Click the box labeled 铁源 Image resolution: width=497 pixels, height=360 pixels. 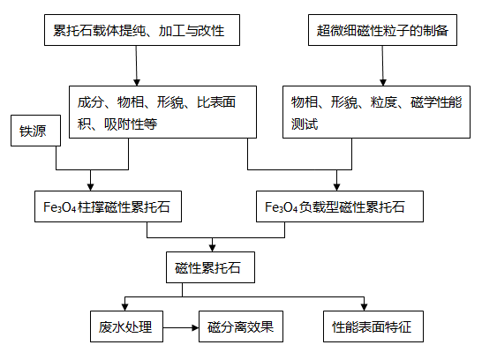coord(35,131)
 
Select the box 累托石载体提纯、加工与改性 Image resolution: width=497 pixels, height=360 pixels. coord(142,30)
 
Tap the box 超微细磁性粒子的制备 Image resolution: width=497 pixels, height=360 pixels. coord(382,30)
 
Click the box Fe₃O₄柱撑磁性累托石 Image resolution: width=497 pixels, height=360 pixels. coord(108,206)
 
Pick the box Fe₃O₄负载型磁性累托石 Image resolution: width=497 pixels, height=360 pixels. coord(340,206)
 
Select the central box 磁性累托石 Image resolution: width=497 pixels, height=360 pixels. coord(210,267)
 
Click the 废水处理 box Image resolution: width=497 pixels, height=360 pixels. coord(126,326)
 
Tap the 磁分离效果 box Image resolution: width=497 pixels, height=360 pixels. coord(241,326)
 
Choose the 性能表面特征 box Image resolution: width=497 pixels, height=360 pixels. coord(373,326)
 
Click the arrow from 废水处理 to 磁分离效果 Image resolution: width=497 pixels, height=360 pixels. coord(181,327)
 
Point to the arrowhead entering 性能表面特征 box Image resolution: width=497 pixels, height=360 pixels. coord(365,307)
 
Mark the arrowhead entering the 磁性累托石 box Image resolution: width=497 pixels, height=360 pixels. coord(213,248)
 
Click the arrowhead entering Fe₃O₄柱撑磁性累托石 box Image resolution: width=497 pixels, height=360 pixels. coord(91,187)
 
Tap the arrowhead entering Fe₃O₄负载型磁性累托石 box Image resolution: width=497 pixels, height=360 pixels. coord(337,187)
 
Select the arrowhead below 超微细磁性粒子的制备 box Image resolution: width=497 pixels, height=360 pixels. coord(383,82)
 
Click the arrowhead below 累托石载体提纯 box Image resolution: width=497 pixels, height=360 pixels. coord(137,82)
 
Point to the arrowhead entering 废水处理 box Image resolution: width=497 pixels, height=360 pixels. coord(124,307)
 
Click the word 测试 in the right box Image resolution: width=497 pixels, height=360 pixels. coord(305,124)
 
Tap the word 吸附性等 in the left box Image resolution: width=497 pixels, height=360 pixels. coord(131,124)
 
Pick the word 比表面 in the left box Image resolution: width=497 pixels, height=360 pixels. coord(216,102)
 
